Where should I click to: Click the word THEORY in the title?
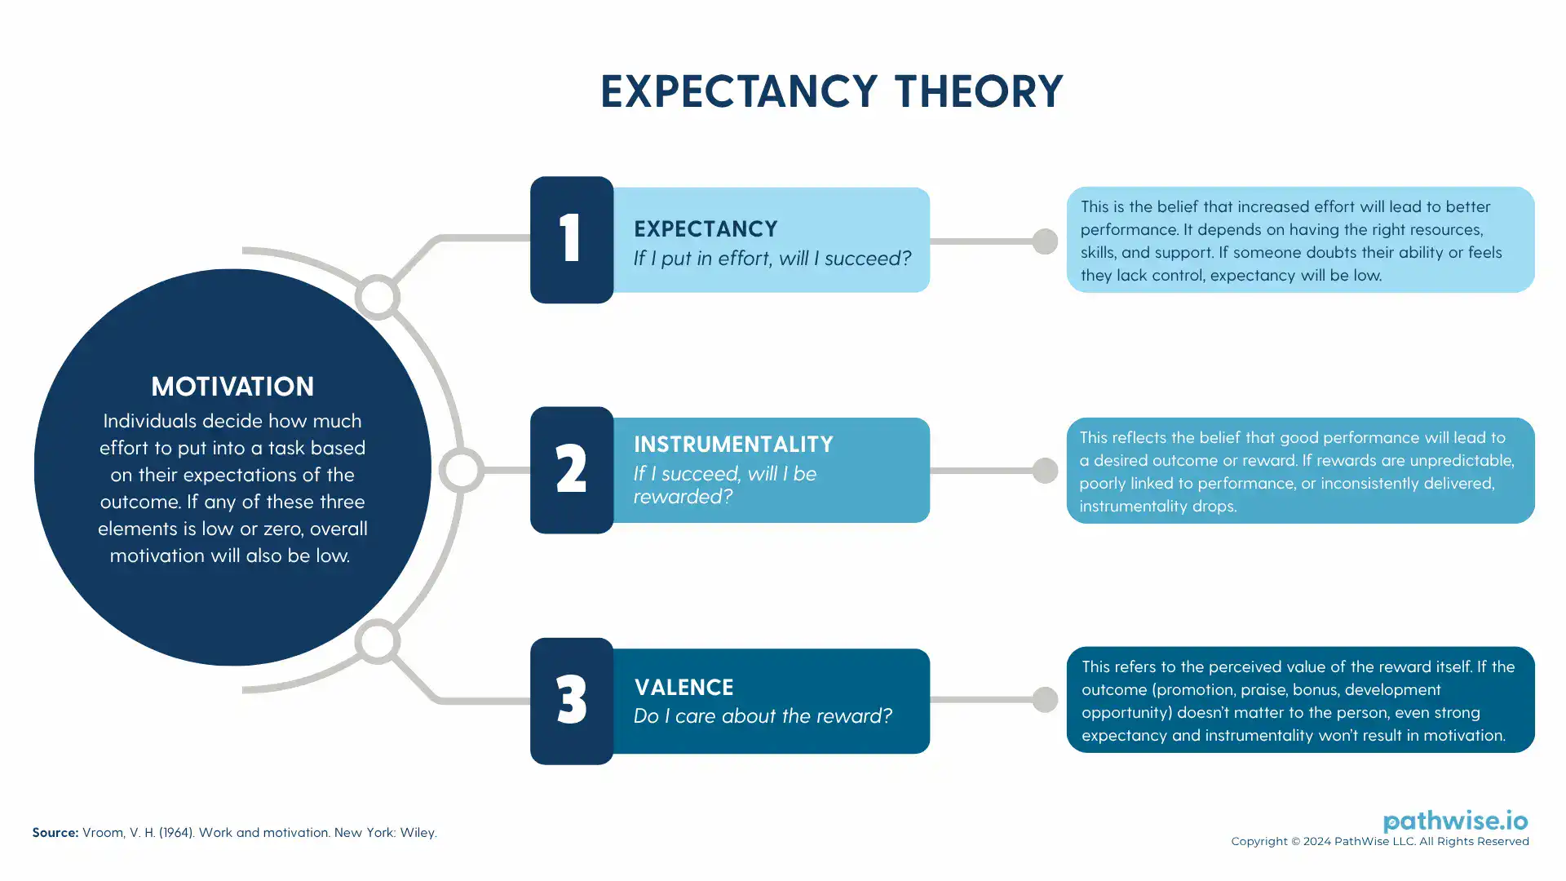979,91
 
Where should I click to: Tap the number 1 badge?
571,240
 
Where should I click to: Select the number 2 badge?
571,470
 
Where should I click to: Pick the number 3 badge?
571,701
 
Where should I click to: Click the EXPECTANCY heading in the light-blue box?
706,228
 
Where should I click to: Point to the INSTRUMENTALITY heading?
733,444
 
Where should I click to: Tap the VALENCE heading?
683,687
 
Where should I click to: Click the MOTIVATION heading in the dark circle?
232,386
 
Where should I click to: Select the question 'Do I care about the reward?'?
763,715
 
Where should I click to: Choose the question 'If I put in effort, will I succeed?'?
772,258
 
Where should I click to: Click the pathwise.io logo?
1455,821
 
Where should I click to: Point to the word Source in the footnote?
55,832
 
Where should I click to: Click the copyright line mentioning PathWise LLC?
1380,841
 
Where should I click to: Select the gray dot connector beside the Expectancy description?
1045,241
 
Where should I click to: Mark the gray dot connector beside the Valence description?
1045,699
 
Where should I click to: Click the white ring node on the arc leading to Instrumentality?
462,470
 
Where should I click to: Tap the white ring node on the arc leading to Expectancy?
377,297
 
